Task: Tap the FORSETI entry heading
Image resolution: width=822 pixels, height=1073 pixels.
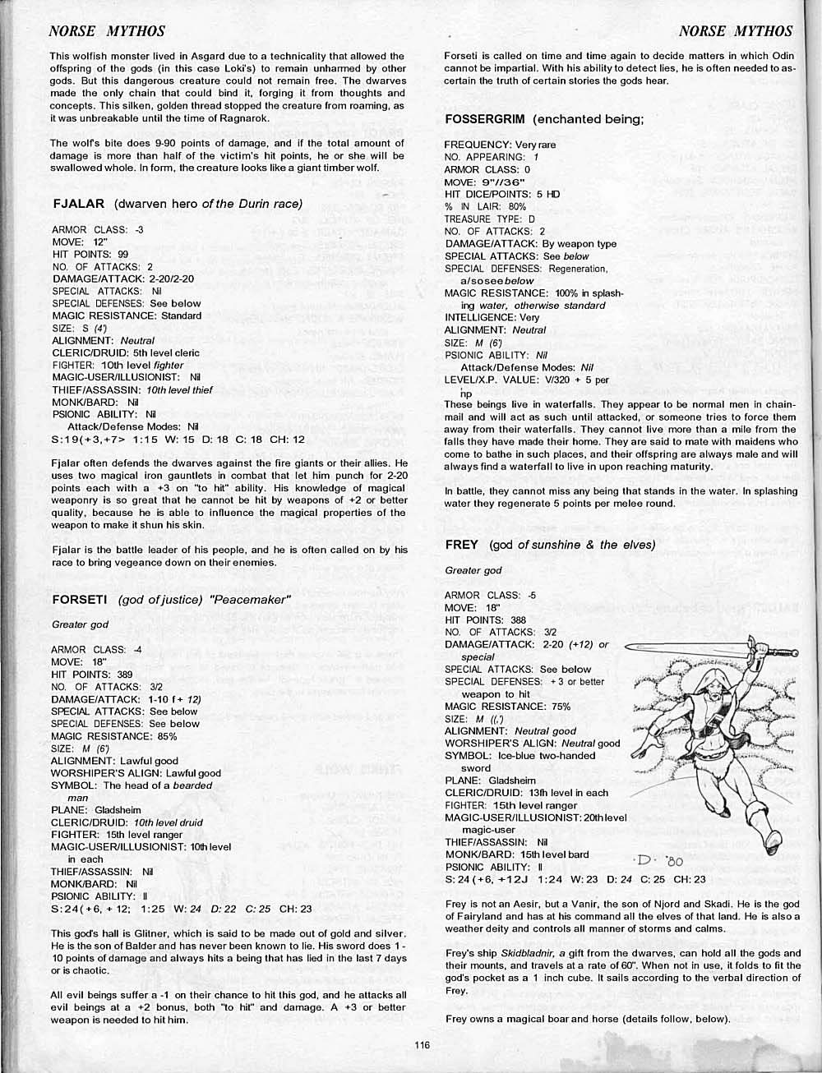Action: click(81, 599)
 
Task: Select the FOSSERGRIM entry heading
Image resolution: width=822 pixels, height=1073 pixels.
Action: click(485, 118)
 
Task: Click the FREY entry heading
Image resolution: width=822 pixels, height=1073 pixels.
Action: click(461, 545)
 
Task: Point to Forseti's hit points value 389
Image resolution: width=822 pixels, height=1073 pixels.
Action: click(125, 674)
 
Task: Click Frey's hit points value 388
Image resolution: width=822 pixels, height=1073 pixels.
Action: click(518, 619)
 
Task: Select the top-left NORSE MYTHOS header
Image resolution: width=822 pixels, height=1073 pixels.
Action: click(107, 31)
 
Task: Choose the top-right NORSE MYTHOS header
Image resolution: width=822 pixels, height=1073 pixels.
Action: click(737, 31)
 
